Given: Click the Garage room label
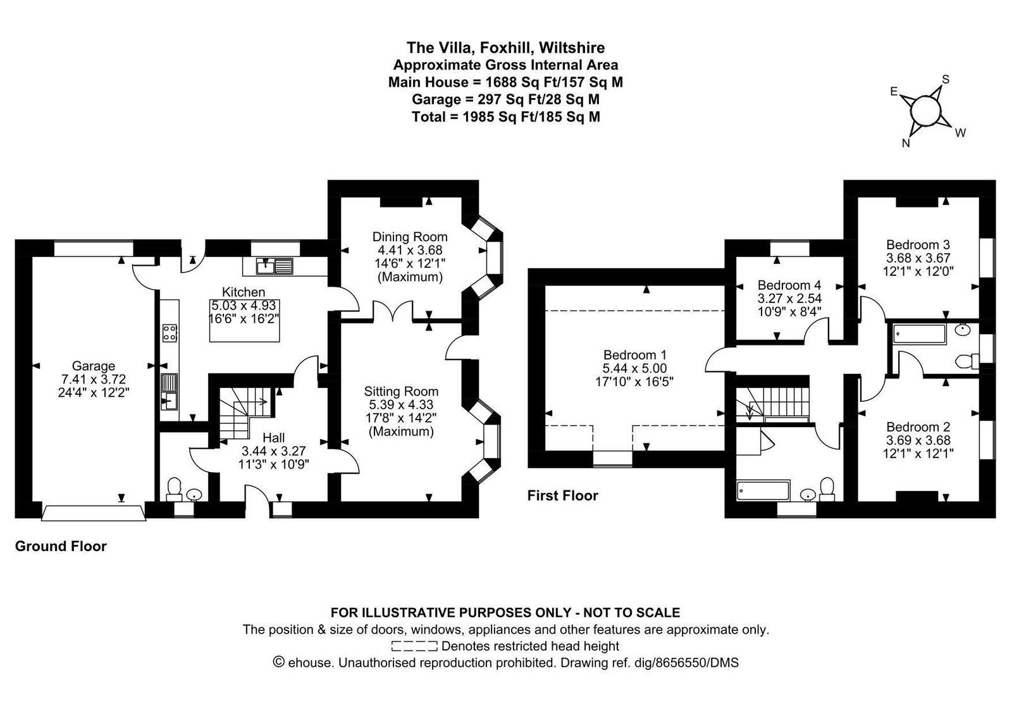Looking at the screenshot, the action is click(94, 366).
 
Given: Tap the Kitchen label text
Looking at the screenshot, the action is click(244, 292).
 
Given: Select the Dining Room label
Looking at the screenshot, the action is click(410, 237).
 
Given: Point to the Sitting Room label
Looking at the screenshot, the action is click(401, 392).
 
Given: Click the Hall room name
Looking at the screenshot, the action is click(274, 437).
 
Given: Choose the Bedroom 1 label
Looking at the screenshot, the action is click(634, 355).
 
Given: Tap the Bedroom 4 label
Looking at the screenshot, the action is click(789, 285).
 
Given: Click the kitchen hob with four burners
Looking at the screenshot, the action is click(170, 333).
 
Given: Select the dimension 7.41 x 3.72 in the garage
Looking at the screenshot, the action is click(94, 379).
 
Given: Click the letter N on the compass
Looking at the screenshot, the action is click(905, 143).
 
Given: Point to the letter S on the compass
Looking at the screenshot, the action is click(946, 80).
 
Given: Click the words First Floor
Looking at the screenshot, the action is click(562, 496).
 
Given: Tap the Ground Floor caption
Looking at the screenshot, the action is click(61, 547).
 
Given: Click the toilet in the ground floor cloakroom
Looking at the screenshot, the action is click(174, 490).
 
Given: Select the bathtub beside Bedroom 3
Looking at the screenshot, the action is click(920, 335).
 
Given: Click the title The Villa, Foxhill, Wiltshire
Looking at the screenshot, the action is click(505, 47).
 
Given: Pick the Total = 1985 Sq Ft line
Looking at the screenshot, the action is click(505, 117).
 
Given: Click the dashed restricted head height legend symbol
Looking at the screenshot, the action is click(414, 646).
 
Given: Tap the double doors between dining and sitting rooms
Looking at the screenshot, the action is click(393, 312).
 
